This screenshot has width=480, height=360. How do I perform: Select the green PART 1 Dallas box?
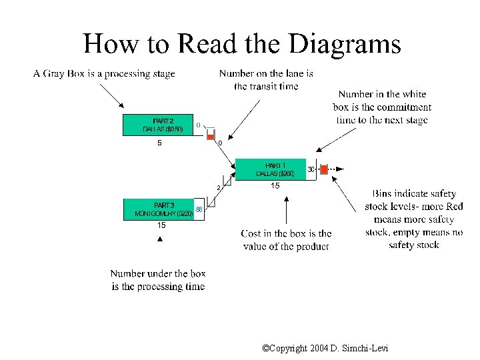point(271,169)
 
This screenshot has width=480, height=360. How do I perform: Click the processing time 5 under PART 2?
point(159,142)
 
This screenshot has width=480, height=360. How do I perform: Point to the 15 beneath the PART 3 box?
point(161,226)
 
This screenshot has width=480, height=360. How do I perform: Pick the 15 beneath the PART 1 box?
point(275,187)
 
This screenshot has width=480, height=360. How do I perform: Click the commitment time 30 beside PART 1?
point(311,170)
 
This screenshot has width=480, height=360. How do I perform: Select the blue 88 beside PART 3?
point(199,209)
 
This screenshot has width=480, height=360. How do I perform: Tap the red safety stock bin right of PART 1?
point(324,169)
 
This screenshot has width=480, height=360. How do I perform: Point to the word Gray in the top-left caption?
point(58,74)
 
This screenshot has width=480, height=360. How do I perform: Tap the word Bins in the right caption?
point(386,194)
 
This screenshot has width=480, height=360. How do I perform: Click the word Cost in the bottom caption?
point(251,233)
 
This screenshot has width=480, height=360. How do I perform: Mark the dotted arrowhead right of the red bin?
point(341,169)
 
